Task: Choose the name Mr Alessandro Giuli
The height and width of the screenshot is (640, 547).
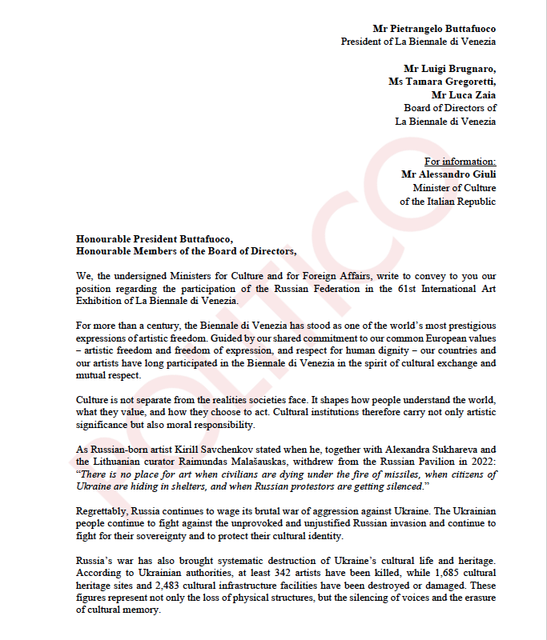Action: point(448,174)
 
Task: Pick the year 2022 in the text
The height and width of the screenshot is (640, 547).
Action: point(483,461)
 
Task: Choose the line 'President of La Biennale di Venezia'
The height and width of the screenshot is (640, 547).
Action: point(419,42)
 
